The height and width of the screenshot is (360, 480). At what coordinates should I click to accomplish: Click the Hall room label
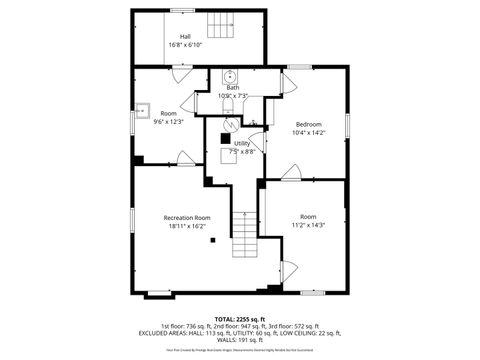coord(185,36)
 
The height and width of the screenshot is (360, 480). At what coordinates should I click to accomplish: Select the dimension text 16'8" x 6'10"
coord(185,45)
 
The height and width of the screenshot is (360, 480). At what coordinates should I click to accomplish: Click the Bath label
coord(232,88)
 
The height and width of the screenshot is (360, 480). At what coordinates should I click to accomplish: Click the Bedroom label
coord(308,124)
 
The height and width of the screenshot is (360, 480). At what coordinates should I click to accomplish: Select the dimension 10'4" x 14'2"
coord(308,133)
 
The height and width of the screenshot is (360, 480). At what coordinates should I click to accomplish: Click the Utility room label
coord(242,144)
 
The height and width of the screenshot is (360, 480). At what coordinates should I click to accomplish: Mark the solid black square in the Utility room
coord(225,139)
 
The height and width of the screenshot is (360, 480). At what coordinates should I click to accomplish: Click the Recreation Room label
coord(188,217)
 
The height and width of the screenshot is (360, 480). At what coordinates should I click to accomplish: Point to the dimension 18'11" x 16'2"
coord(188,226)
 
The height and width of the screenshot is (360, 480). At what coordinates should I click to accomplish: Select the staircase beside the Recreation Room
coord(245,238)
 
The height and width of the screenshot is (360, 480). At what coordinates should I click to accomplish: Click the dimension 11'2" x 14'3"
coord(308,226)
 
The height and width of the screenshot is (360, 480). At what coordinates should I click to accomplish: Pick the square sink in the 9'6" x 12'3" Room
coord(143,110)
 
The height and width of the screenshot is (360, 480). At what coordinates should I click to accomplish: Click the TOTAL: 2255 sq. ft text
coord(239,317)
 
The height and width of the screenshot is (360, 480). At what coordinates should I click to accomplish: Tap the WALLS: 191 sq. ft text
coord(239,340)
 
